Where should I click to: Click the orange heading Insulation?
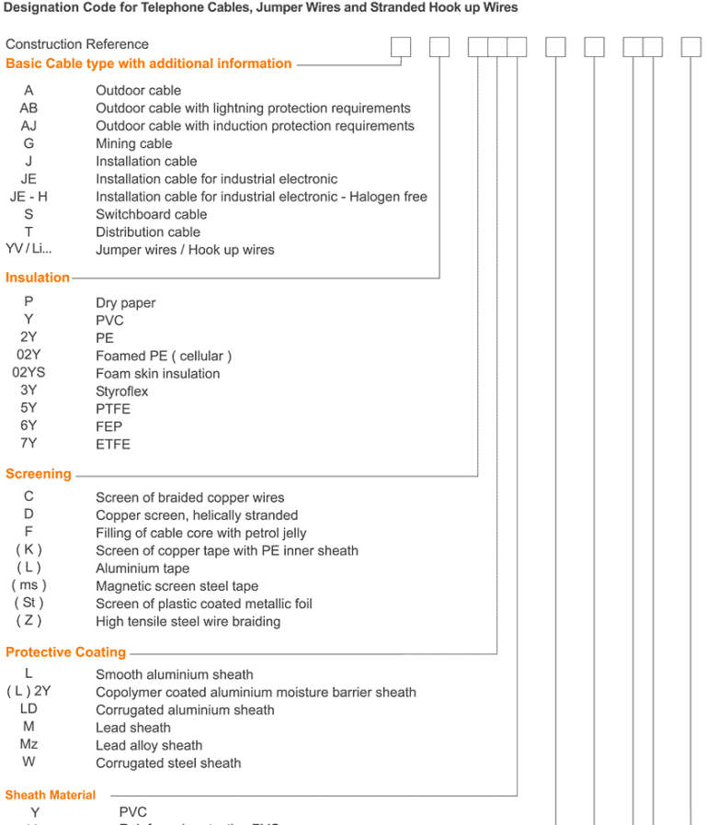coord(38,277)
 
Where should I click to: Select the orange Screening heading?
coord(39,474)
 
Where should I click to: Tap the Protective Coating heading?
coord(65,652)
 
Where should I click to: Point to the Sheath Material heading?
coord(51,795)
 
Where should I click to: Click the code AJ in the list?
coord(28,126)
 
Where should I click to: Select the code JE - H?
coord(28,197)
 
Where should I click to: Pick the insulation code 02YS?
coord(28,373)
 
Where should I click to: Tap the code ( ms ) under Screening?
coord(28,585)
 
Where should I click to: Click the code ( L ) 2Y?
coord(28,692)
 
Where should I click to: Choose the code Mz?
coord(28,745)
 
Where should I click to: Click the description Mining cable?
coord(133,143)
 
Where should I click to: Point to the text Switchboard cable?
coord(152,214)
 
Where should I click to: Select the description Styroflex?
coord(121,391)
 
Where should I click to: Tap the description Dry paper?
coord(126,303)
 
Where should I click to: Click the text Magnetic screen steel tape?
coord(177,586)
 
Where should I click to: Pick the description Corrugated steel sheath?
coord(168,763)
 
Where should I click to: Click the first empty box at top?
coord(401,47)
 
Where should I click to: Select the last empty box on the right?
coord(690,47)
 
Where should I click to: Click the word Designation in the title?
coord(40,7)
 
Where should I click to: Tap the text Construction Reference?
coord(76,44)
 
